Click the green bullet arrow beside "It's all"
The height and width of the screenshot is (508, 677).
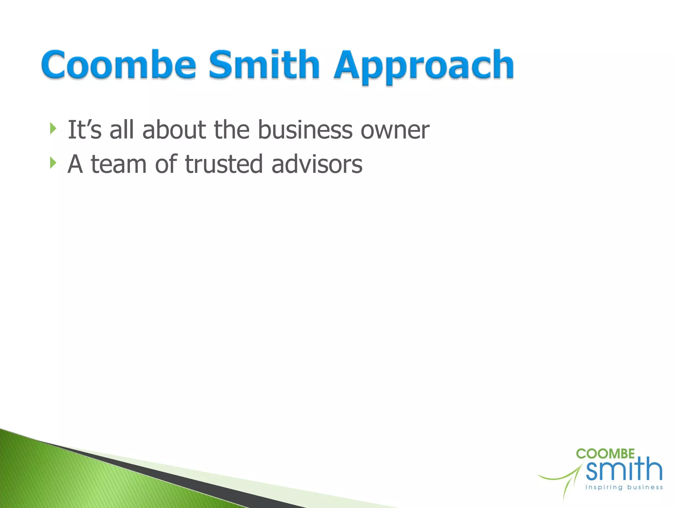pos(53,129)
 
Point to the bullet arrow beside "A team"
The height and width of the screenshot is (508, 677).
pos(53,163)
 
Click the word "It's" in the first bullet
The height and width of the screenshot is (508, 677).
pos(84,130)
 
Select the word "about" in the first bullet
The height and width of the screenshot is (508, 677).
pos(174,130)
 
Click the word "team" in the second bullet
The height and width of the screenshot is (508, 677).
pos(119,164)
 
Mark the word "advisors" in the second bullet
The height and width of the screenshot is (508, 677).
pos(317,164)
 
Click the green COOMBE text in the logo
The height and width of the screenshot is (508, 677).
pos(605,454)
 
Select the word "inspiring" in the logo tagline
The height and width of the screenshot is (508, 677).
pos(604,487)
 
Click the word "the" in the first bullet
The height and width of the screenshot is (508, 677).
pos(232,130)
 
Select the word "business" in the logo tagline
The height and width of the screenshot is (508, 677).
pos(645,487)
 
